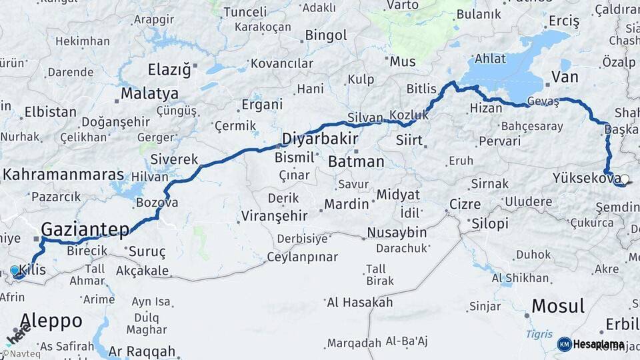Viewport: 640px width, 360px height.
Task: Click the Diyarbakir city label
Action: point(319,139)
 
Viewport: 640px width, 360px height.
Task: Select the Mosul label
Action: point(559,307)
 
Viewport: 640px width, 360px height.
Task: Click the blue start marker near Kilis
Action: point(15,271)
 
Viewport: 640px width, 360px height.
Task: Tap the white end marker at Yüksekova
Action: point(624,179)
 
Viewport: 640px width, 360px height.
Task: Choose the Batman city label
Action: point(356,162)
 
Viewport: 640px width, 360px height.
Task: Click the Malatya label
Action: point(149,93)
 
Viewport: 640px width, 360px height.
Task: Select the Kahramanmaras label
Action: point(63,175)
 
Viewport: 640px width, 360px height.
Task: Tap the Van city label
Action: point(564,78)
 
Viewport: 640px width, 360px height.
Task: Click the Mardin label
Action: point(346,204)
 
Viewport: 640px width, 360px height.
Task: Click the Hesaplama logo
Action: point(592,344)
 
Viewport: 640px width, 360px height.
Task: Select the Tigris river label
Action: point(538,333)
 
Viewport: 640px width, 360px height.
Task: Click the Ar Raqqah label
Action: point(142,351)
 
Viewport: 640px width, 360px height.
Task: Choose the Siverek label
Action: point(174,159)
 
